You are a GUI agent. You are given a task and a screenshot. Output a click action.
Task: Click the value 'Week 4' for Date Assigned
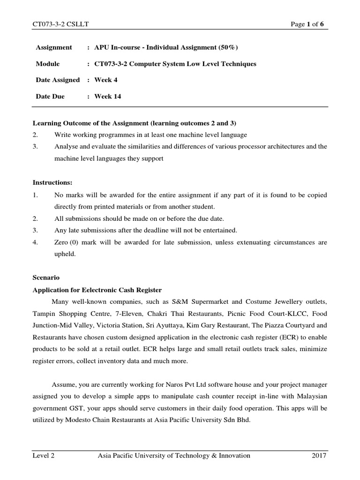(106, 80)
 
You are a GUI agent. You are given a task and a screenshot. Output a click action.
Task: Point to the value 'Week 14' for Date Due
(108, 97)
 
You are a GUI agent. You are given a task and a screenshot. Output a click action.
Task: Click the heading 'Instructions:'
(52, 182)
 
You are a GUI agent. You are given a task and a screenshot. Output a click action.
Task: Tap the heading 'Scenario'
(46, 277)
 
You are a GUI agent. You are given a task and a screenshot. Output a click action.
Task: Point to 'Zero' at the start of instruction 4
(61, 242)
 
